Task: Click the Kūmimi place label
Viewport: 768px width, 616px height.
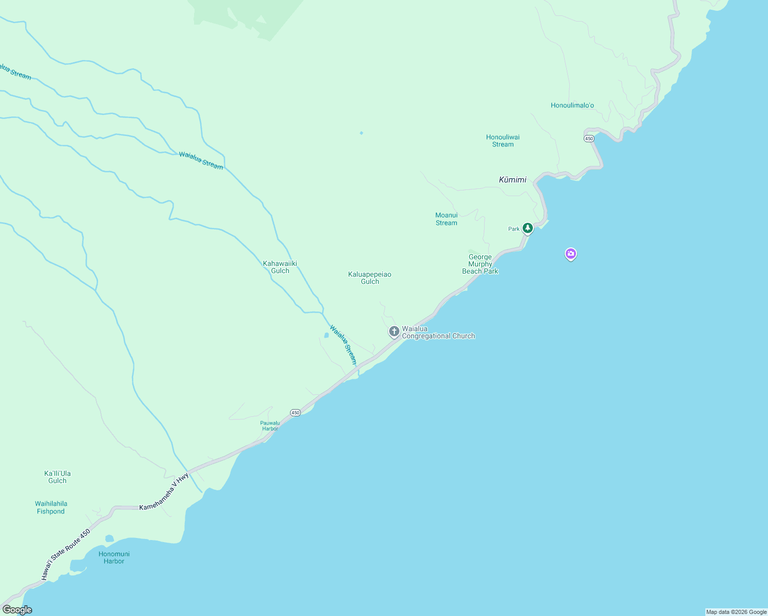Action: [x=512, y=180]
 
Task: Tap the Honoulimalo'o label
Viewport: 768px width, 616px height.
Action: [x=572, y=106]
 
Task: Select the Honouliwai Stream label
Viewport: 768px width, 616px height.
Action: [x=503, y=141]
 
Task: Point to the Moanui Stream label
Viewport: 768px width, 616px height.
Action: [x=446, y=219]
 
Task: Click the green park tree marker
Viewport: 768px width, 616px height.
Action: [x=527, y=228]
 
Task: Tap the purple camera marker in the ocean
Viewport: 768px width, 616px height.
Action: [x=570, y=254]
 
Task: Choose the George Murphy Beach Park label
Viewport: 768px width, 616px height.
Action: [x=480, y=264]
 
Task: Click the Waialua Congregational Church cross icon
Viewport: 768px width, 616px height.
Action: [x=394, y=332]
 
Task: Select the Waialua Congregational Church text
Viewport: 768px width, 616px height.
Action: [x=438, y=332]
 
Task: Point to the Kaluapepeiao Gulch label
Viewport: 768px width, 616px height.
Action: [x=370, y=278]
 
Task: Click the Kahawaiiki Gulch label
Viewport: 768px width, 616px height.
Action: [x=280, y=267]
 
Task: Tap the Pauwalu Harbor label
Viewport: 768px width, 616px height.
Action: [x=270, y=426]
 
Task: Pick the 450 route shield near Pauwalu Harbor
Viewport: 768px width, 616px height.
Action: [x=295, y=412]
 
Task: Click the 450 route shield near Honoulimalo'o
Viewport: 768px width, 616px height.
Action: [x=589, y=139]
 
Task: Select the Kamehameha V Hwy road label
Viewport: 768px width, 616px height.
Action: [x=164, y=492]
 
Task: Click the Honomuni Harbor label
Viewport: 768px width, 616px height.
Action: [x=114, y=557]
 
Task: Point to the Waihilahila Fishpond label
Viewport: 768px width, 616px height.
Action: [x=51, y=507]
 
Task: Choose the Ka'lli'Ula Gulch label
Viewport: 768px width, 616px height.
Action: [x=57, y=477]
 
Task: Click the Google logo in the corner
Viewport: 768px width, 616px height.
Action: [x=17, y=610]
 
